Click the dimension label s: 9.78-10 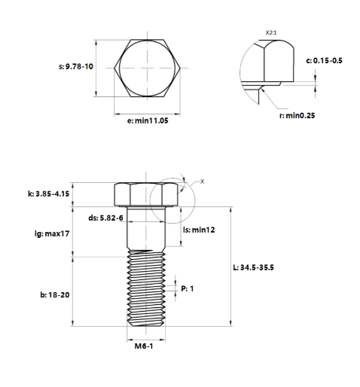76,66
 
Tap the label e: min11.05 148,120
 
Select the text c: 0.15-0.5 324,61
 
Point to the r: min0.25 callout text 297,115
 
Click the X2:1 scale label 271,32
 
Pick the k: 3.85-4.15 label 48,193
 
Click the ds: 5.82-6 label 105,218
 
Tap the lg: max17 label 52,233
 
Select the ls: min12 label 199,230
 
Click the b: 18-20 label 55,294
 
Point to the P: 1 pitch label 188,288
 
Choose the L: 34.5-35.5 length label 254,267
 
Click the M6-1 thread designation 144,346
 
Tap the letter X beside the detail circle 202,181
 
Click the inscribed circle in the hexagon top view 120,68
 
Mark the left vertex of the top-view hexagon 114,68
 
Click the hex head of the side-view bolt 146,194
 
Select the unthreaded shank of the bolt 146,228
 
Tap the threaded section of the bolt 146,288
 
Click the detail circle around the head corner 150,201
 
